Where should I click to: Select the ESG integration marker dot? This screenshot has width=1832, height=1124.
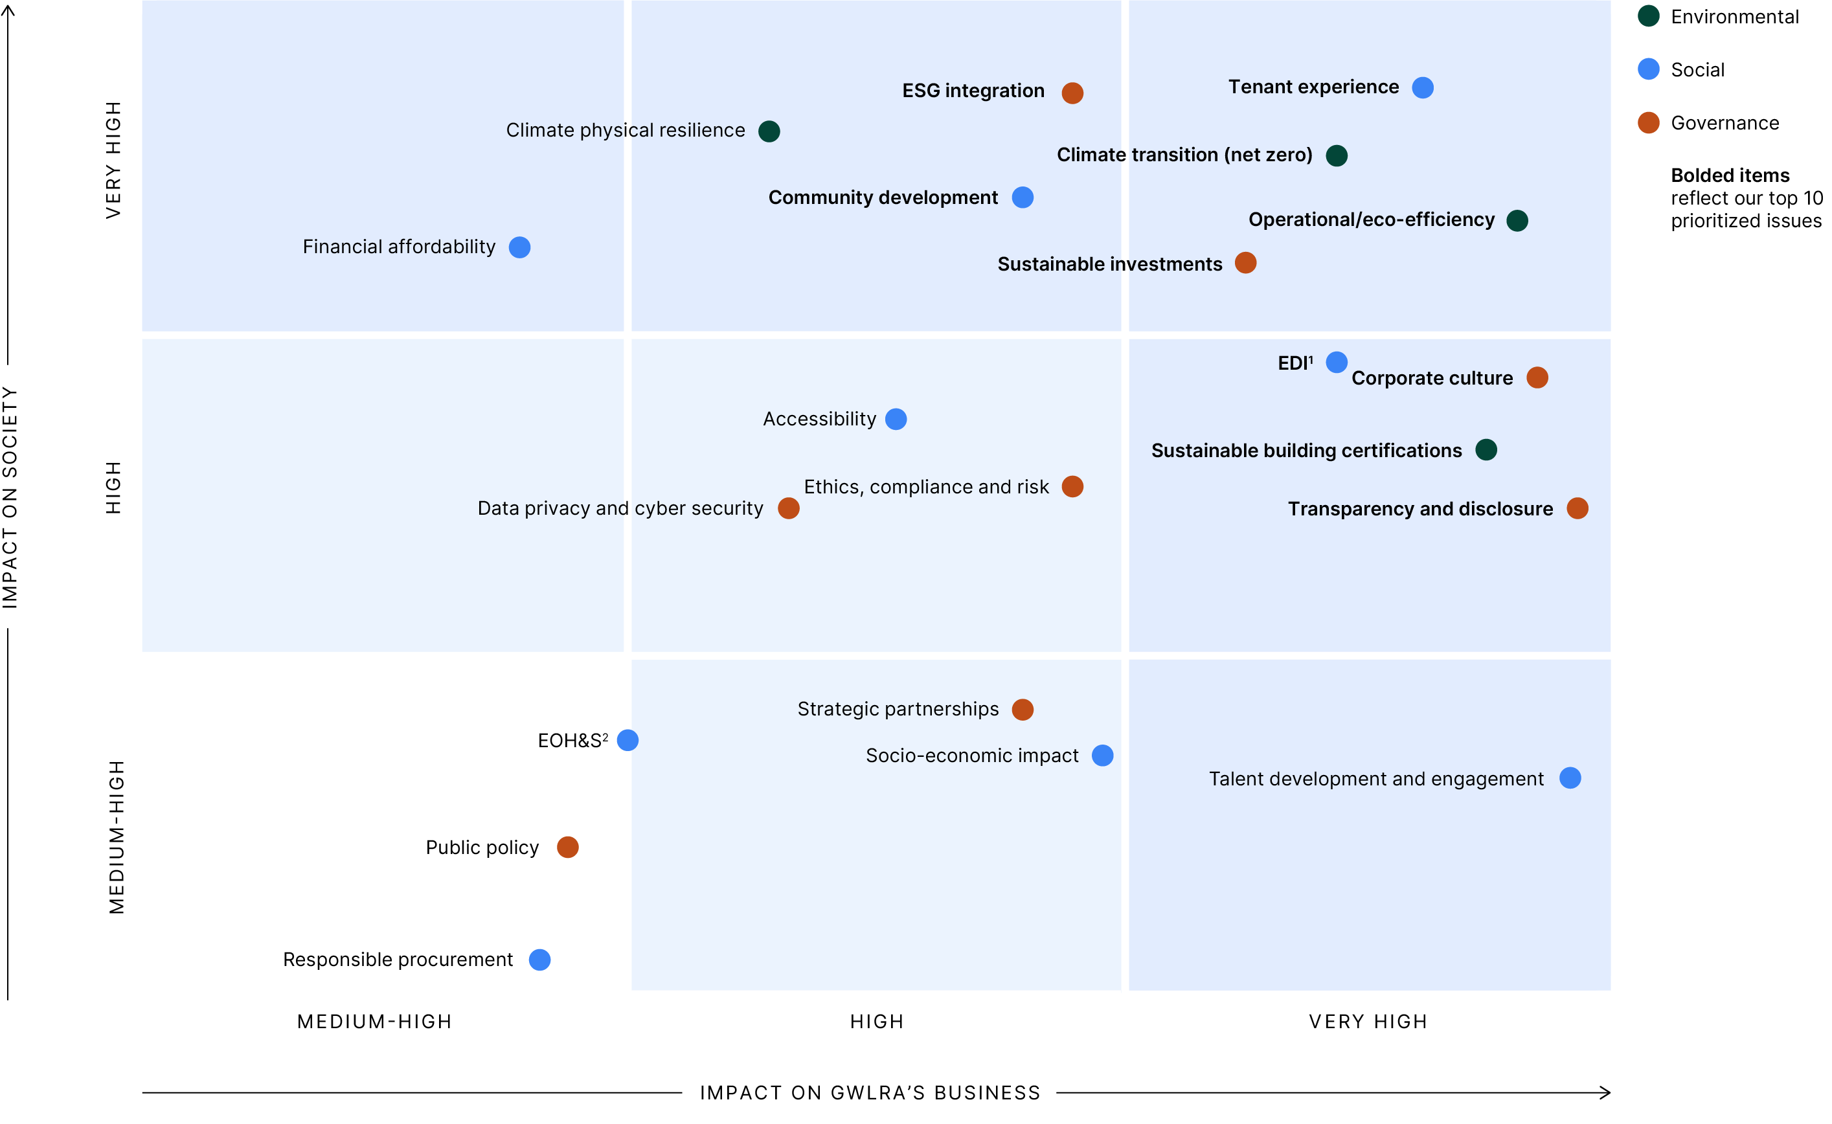(x=1072, y=93)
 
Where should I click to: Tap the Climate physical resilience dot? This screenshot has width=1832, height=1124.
(x=769, y=131)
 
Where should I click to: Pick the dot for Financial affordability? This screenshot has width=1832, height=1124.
(x=520, y=247)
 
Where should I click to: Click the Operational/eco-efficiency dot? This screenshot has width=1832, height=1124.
(x=1517, y=221)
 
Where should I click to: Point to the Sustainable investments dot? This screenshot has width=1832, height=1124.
(x=1245, y=263)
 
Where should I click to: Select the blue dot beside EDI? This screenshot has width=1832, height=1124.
(x=1336, y=362)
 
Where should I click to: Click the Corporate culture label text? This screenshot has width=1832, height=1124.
(x=1431, y=378)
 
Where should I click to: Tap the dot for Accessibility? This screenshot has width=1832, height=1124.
(x=896, y=420)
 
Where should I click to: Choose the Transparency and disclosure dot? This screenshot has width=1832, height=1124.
(x=1577, y=508)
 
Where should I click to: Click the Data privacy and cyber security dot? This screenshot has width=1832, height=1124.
(x=788, y=508)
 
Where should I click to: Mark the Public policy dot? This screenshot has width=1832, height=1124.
(x=567, y=848)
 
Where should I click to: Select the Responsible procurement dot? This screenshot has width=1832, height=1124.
(x=540, y=960)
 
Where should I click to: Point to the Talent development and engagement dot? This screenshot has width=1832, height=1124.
(x=1570, y=778)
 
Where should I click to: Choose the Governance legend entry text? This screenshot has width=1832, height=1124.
(x=1725, y=124)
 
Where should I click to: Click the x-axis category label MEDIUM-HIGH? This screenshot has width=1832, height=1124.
(x=375, y=1022)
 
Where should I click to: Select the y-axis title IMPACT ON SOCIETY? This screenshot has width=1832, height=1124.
(x=10, y=497)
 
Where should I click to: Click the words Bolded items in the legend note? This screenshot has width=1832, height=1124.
(x=1730, y=176)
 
